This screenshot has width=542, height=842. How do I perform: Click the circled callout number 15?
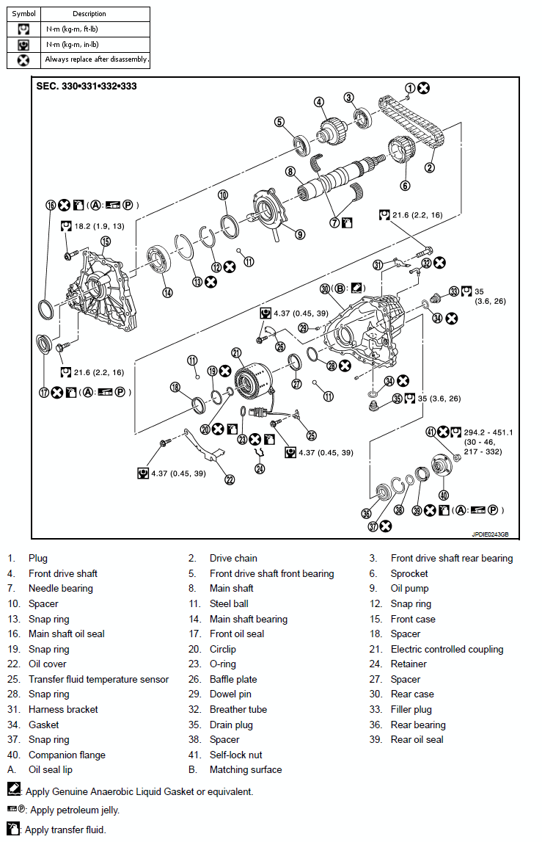pyautogui.click(x=105, y=241)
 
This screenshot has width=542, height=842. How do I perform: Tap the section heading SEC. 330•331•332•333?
pyautogui.click(x=87, y=86)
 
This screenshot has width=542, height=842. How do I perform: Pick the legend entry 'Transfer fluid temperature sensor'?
pyautogui.click(x=98, y=679)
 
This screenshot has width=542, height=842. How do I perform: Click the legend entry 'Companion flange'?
pyautogui.click(x=67, y=755)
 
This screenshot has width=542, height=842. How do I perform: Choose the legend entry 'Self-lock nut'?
pyautogui.click(x=235, y=755)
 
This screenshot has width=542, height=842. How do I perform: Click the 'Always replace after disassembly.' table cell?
pyautogui.click(x=96, y=59)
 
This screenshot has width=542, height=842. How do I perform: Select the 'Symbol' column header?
pyautogui.click(x=23, y=14)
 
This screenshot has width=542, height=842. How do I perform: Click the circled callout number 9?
pyautogui.click(x=300, y=234)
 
